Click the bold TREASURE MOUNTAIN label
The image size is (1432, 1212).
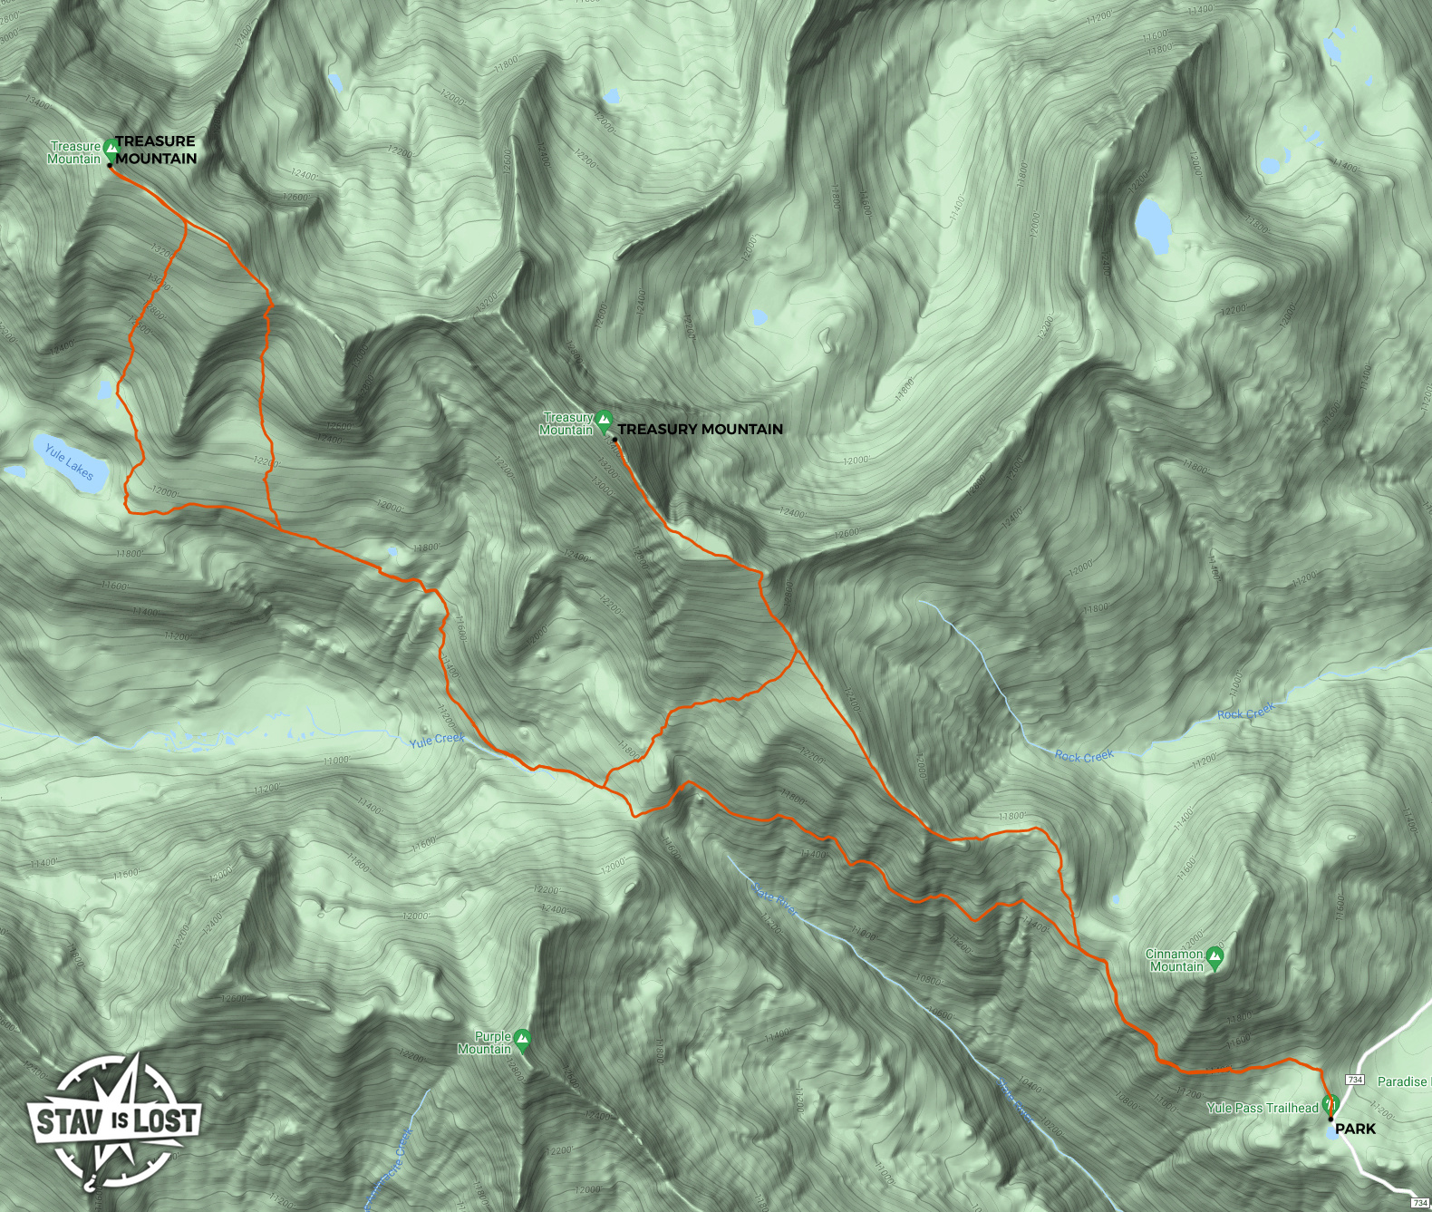[x=156, y=150]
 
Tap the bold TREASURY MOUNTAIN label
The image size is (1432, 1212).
[x=700, y=430]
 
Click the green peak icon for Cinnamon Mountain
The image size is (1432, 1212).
[x=1215, y=955]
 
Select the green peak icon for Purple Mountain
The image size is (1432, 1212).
[x=522, y=1038]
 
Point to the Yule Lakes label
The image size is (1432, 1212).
[x=69, y=461]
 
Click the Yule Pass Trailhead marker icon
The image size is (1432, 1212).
[x=1330, y=1104]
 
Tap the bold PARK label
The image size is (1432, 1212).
[x=1355, y=1129]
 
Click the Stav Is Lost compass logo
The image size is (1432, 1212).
[x=114, y=1120]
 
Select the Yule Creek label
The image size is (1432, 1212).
[x=436, y=740]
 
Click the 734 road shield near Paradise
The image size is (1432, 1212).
[x=1355, y=1080]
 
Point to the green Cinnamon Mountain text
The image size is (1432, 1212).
[x=1176, y=960]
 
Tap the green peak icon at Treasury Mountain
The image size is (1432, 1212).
[x=605, y=419]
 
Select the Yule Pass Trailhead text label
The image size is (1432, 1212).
[x=1263, y=1108]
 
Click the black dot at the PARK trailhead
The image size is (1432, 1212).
[x=1330, y=1120]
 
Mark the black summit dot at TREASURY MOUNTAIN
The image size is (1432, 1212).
[x=614, y=440]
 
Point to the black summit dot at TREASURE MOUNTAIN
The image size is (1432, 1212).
[x=110, y=165]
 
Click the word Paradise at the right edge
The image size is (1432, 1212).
[x=1402, y=1081]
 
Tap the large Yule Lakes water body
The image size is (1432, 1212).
[x=73, y=464]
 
